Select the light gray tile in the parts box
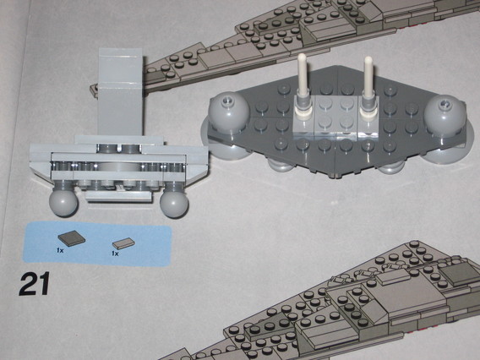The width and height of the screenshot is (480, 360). pyautogui.click(x=124, y=243)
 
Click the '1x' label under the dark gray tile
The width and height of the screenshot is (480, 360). pyautogui.click(x=60, y=252)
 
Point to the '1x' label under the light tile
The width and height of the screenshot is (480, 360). pyautogui.click(x=116, y=253)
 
